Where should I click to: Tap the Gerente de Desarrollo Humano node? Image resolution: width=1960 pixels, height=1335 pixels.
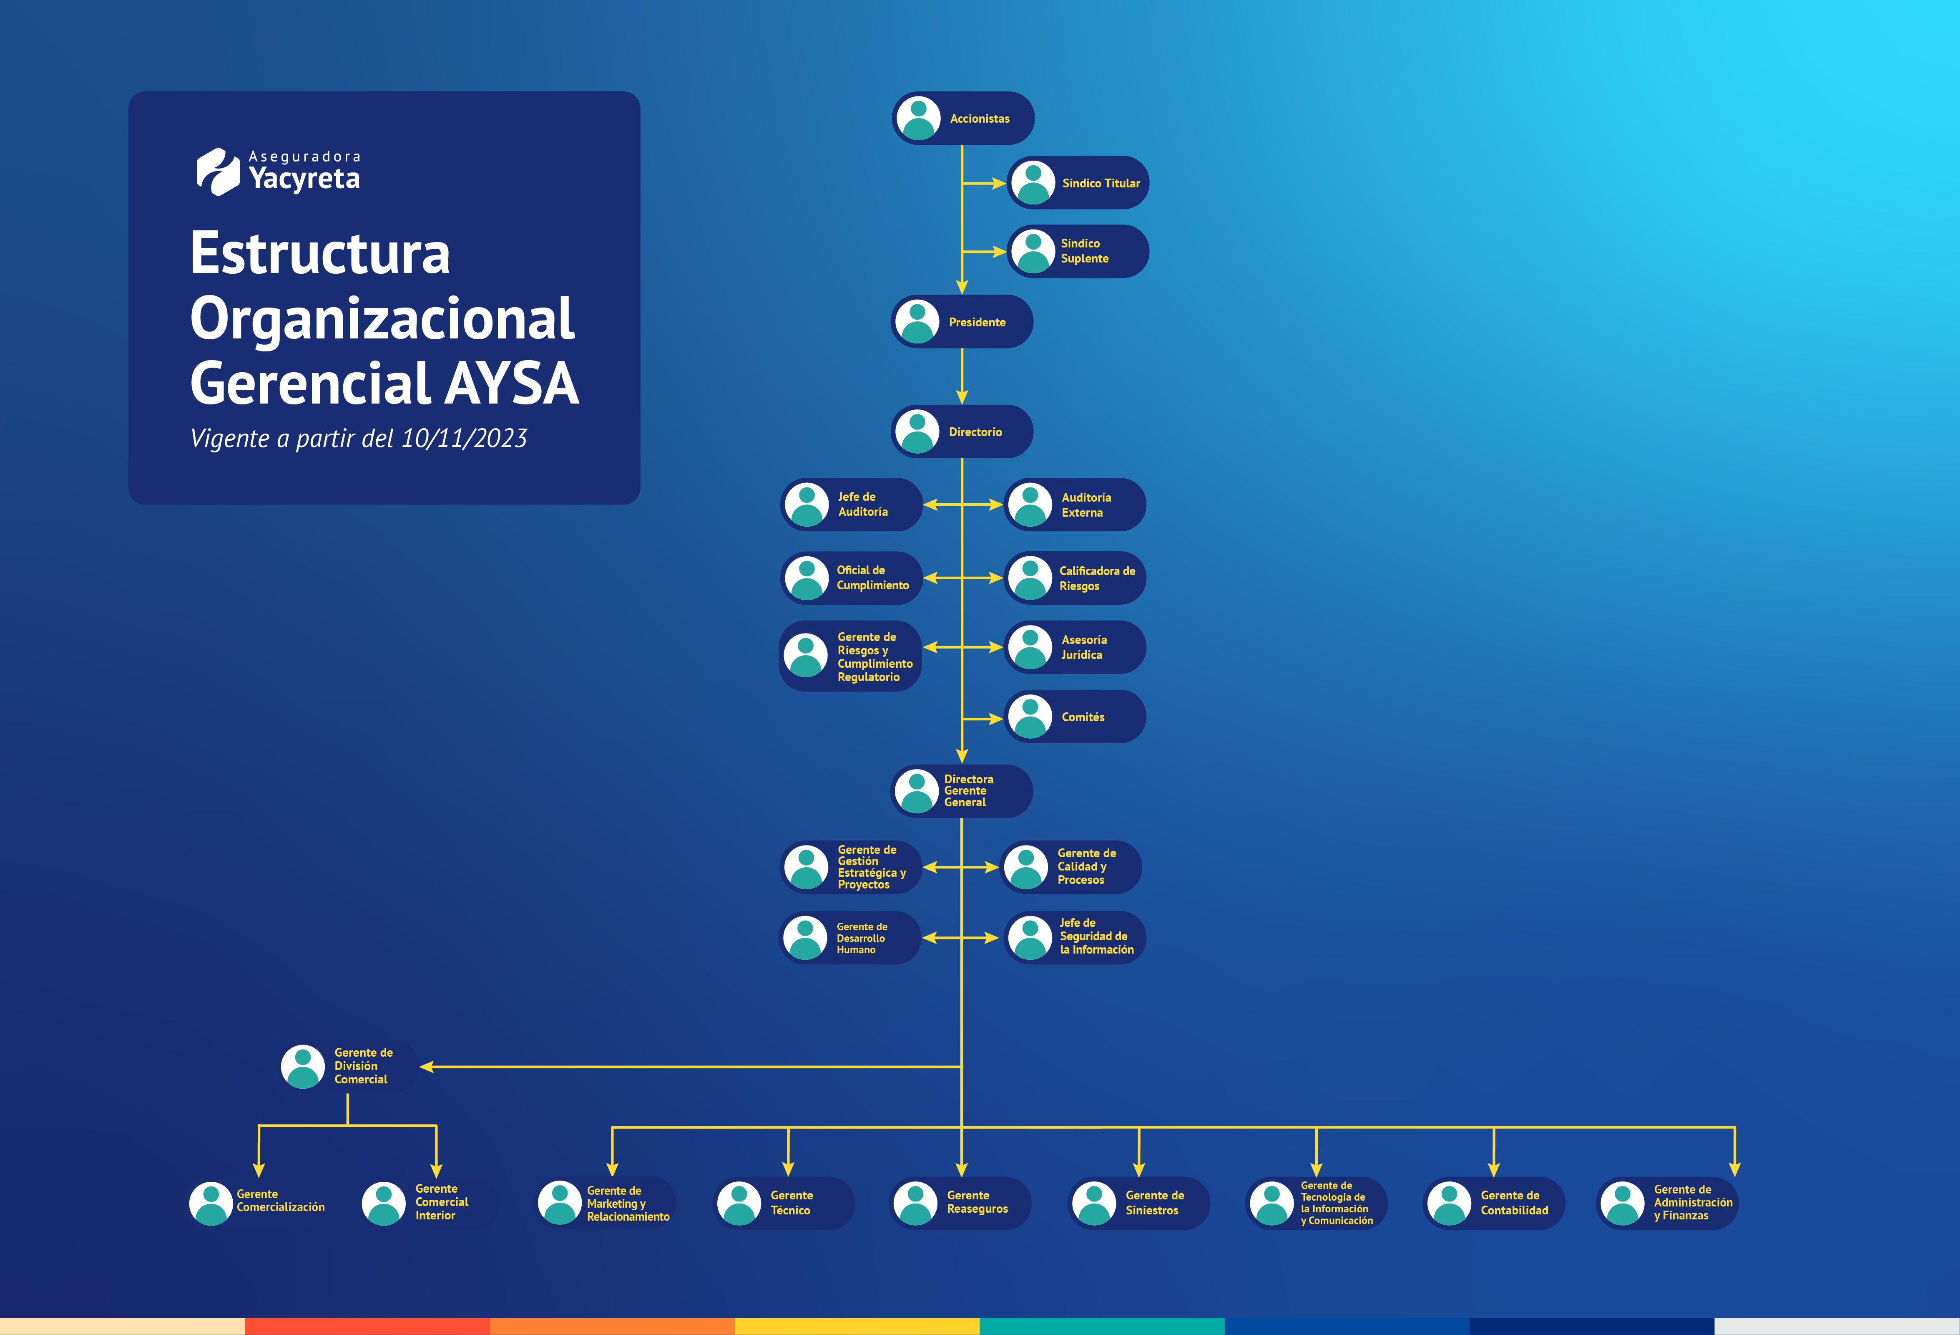tap(850, 938)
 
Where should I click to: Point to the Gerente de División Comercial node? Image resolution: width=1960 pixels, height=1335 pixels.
tap(348, 1067)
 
